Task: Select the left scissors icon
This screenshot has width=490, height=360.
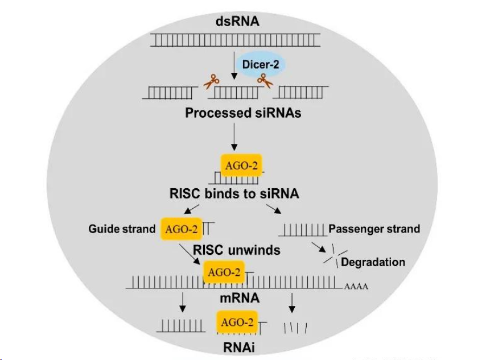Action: click(212, 82)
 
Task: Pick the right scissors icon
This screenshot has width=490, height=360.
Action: click(264, 81)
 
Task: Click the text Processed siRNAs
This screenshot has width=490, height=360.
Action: click(243, 113)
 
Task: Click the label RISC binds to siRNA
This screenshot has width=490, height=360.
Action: click(234, 194)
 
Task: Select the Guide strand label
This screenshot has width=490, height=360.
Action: click(122, 229)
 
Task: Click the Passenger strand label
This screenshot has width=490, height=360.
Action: click(374, 229)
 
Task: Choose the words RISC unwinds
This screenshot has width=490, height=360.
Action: click(237, 250)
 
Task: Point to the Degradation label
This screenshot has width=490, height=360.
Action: click(373, 262)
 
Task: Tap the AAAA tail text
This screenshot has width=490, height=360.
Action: click(356, 287)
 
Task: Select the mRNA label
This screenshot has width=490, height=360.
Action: click(239, 298)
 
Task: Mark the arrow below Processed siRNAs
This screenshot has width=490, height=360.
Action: click(234, 138)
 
